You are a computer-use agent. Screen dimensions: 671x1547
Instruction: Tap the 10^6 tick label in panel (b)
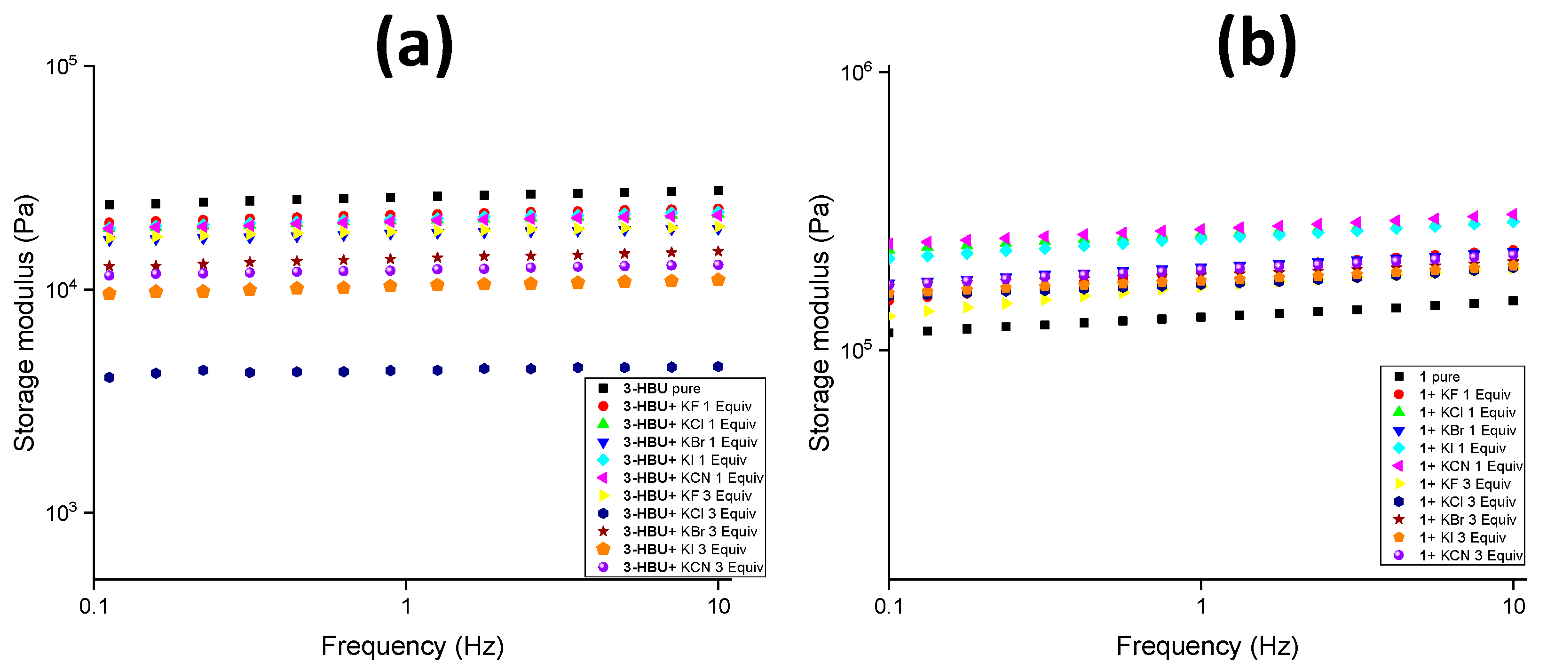[x=856, y=72]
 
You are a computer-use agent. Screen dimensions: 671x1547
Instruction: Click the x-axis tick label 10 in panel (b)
[x=1513, y=606]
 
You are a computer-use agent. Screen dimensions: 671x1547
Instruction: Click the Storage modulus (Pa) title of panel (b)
[x=819, y=323]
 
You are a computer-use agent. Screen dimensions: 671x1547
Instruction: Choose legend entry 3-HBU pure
[x=661, y=389]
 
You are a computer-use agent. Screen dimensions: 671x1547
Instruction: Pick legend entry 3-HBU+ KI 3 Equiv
[x=684, y=550]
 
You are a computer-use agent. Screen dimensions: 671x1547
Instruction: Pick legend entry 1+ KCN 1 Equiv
[x=1470, y=466]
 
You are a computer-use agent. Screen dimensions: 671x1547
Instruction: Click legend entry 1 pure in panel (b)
[x=1439, y=376]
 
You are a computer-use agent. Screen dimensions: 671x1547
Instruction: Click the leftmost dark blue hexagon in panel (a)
[x=109, y=377]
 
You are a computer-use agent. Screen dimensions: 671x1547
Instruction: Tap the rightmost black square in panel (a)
[x=718, y=191]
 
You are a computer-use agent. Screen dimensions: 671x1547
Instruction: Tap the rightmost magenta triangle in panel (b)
[x=1512, y=214]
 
